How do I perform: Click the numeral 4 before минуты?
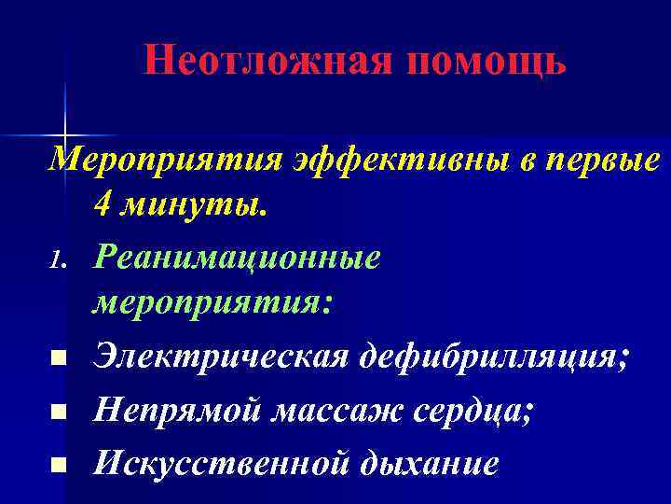tap(102, 209)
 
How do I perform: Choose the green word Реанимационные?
tap(236, 259)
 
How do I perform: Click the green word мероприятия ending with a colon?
tap(211, 308)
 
